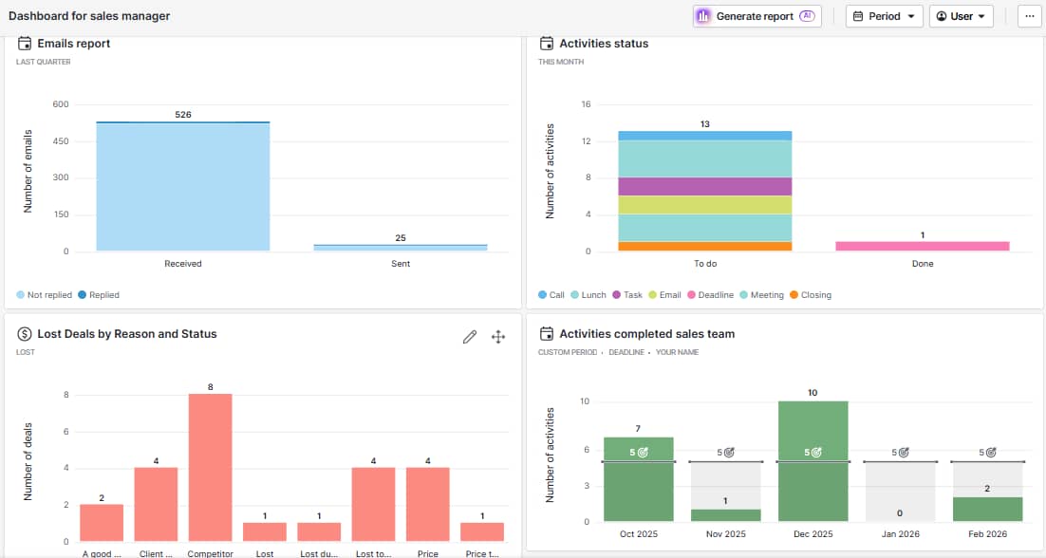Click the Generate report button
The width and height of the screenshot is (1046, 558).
click(x=756, y=16)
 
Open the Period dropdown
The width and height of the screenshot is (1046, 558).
click(x=884, y=16)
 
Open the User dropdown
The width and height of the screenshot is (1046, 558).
click(x=961, y=16)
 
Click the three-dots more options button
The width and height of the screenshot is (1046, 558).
click(x=1029, y=16)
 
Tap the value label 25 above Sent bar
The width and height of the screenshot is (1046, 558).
click(x=401, y=237)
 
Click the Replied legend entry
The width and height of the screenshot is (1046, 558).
click(x=99, y=295)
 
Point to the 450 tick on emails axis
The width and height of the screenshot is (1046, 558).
click(x=60, y=141)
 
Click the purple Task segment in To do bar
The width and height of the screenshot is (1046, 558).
click(x=704, y=186)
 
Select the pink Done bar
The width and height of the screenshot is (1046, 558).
click(x=922, y=246)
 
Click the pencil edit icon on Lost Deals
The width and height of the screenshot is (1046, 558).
click(x=469, y=337)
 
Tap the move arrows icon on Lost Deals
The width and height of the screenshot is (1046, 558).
click(x=498, y=337)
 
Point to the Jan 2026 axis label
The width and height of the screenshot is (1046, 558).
click(x=900, y=534)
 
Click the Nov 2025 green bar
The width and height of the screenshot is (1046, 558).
click(x=725, y=515)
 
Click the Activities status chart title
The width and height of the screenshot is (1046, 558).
click(x=604, y=44)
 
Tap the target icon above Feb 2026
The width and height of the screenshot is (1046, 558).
click(x=991, y=453)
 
